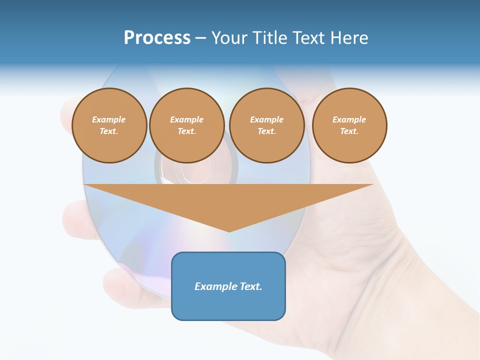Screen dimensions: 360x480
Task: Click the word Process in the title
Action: (157, 38)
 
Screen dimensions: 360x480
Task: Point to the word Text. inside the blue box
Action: (251, 286)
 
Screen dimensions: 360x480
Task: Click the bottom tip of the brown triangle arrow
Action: (229, 231)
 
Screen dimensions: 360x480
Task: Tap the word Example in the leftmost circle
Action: (109, 119)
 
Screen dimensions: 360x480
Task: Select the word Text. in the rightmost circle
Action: (349, 131)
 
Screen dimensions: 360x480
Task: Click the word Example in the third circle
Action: (267, 119)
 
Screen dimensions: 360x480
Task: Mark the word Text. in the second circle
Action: (187, 131)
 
